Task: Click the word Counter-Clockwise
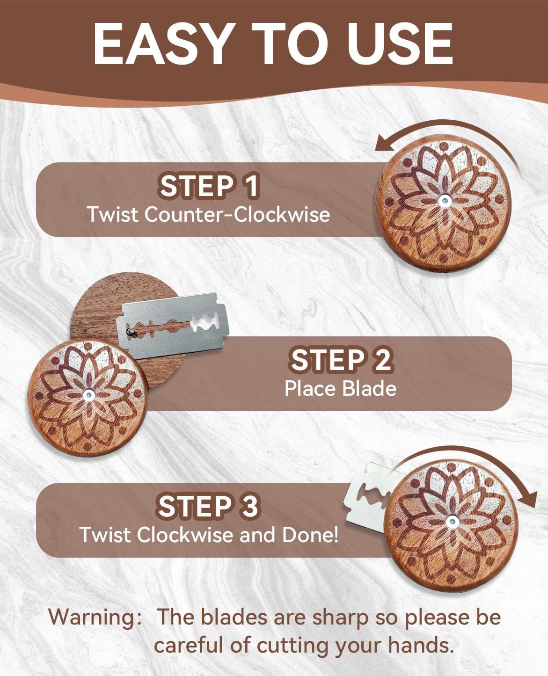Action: (x=237, y=214)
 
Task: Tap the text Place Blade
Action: (x=340, y=388)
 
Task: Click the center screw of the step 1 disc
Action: (x=444, y=201)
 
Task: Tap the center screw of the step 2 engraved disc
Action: (x=88, y=395)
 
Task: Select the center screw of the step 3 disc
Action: (x=451, y=522)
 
